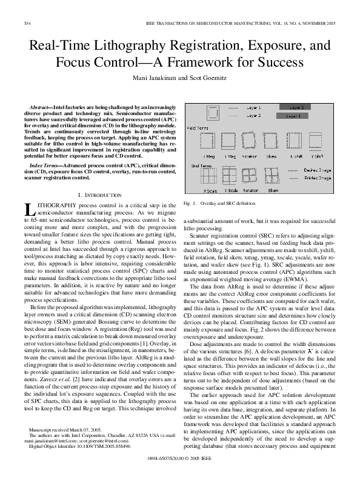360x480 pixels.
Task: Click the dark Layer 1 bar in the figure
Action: (293, 115)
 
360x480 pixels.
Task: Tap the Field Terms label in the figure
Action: (198, 128)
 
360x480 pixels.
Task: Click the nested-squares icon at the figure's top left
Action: (213, 113)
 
